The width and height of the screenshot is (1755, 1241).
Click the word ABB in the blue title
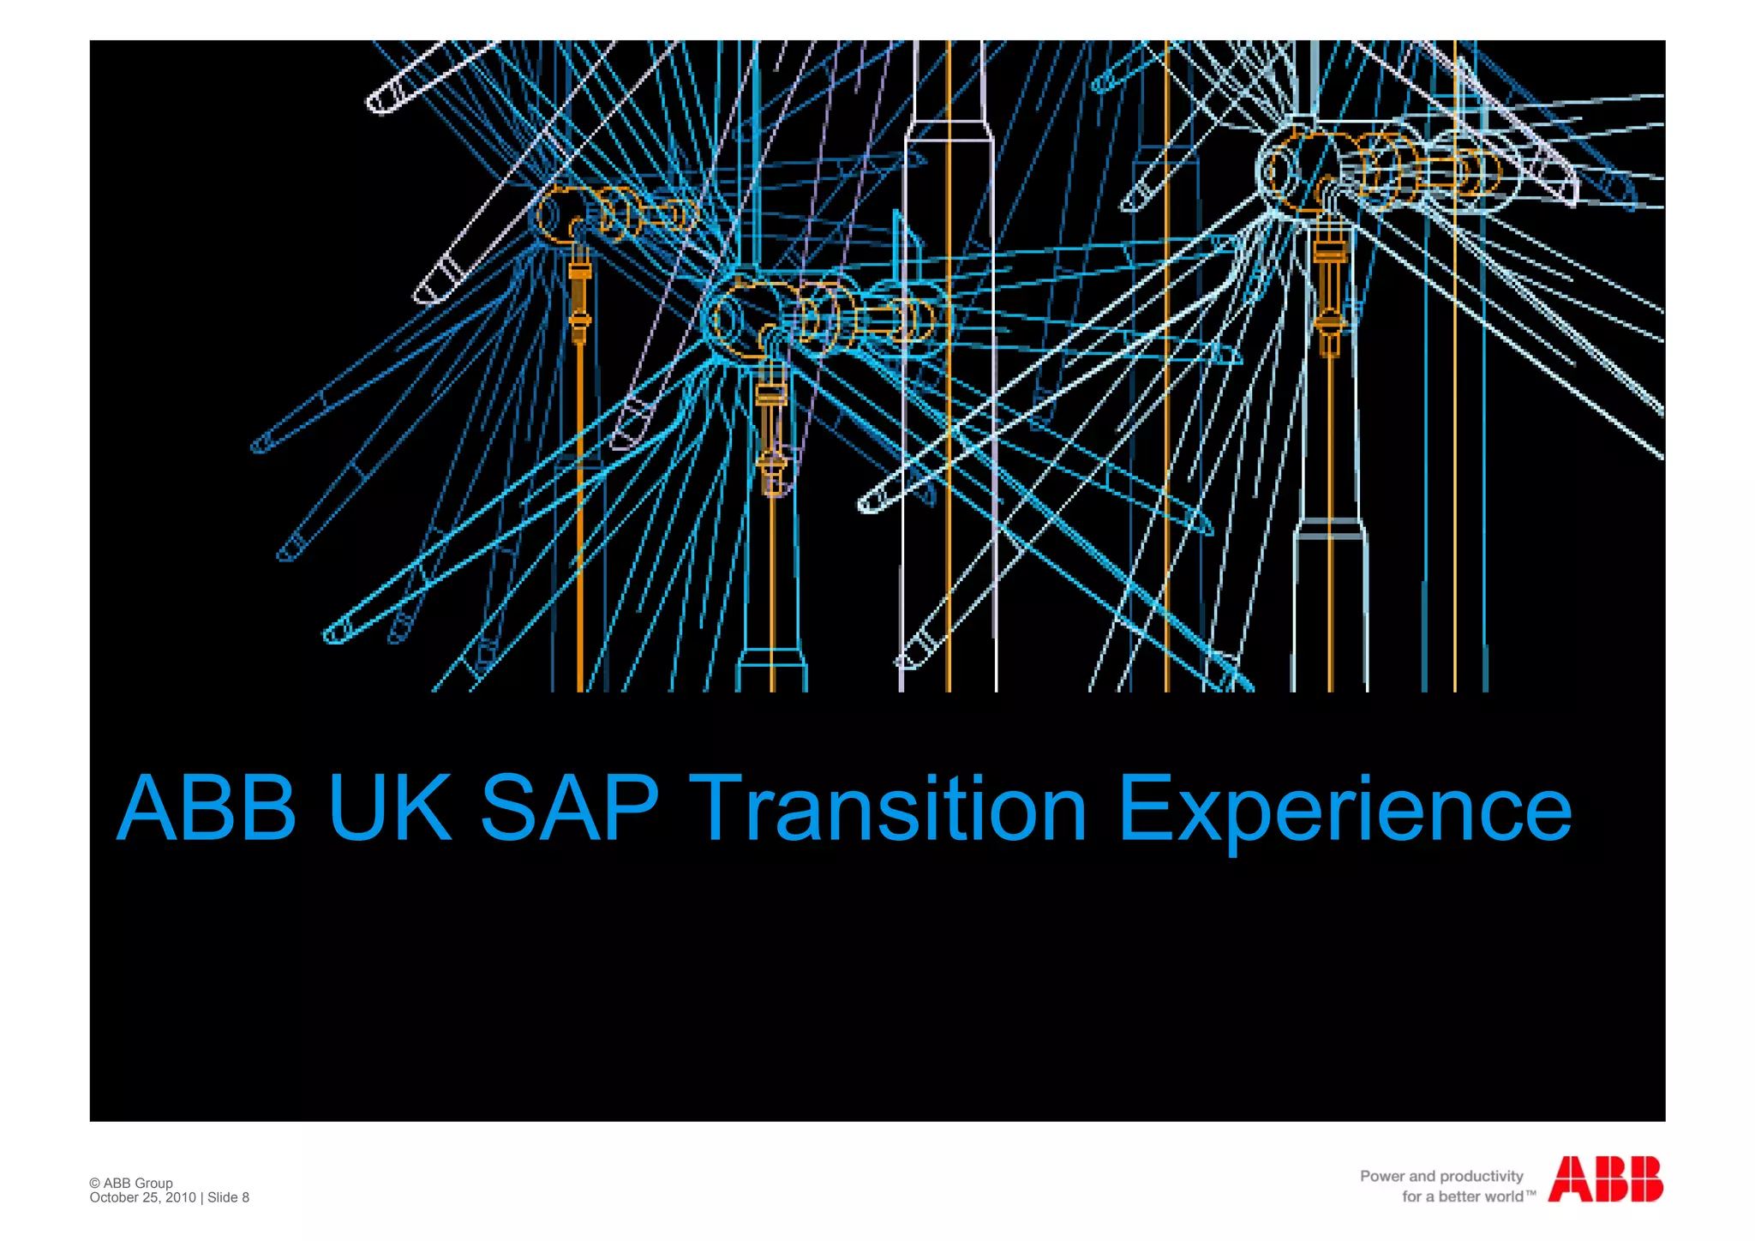click(206, 807)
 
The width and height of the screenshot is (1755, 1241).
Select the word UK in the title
click(390, 807)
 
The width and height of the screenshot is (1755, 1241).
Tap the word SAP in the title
click(570, 807)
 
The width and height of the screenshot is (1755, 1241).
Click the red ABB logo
click(1605, 1179)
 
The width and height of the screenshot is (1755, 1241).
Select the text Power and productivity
click(1441, 1176)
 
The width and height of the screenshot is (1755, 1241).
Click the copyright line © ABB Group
click(131, 1183)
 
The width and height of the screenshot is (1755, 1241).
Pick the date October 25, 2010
click(142, 1197)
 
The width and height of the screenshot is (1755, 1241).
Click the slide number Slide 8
click(228, 1197)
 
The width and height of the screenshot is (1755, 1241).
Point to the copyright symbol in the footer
click(94, 1183)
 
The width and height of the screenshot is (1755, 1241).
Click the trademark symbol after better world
click(1530, 1193)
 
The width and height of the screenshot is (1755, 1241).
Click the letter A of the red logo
click(1568, 1179)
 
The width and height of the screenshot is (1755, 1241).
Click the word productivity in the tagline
click(1481, 1176)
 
